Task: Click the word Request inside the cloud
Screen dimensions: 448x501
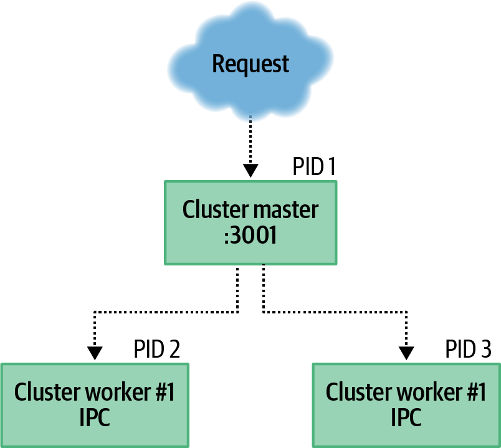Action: [250, 64]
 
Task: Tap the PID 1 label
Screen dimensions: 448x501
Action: [315, 167]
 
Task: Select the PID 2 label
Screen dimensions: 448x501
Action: [157, 350]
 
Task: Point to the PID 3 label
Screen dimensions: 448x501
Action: [469, 350]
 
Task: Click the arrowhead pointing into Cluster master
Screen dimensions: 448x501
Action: [250, 171]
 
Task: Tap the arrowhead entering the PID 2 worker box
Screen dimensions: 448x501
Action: [95, 353]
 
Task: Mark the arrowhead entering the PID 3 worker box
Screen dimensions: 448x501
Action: [406, 353]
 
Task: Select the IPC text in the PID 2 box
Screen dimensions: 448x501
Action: [95, 417]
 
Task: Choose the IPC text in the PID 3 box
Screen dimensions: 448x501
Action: [406, 417]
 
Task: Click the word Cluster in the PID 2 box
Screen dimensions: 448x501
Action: [41, 393]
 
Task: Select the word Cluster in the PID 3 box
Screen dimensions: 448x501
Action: [352, 393]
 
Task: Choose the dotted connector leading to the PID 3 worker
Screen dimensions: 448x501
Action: [336, 311]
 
